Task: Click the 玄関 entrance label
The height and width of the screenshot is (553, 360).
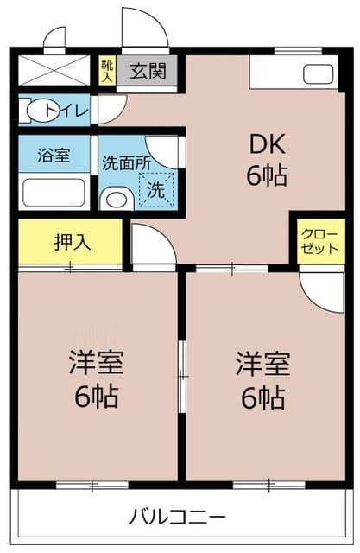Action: click(x=148, y=71)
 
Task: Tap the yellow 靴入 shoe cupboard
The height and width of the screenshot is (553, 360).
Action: click(x=107, y=71)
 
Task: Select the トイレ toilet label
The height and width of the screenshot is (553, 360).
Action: click(x=66, y=111)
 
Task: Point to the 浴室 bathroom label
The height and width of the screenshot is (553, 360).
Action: click(x=54, y=156)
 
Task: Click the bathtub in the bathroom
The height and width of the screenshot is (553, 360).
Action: click(x=54, y=193)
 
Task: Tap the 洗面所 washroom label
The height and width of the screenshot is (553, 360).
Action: click(x=126, y=163)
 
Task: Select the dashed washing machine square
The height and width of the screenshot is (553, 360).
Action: click(x=157, y=190)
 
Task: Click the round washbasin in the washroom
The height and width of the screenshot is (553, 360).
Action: click(x=117, y=200)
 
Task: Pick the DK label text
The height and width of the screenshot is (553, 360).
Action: click(x=267, y=144)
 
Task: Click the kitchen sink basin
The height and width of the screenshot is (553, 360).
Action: click(x=318, y=74)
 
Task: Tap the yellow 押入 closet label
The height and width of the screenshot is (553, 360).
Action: click(x=73, y=242)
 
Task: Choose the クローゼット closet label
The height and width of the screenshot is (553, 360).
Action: click(x=319, y=242)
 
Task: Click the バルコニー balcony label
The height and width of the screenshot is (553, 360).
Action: click(x=177, y=517)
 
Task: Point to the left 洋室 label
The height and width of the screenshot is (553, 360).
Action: click(x=96, y=362)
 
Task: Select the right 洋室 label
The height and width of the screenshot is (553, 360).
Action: click(x=262, y=364)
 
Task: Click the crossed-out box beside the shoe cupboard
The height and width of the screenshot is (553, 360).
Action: click(x=54, y=70)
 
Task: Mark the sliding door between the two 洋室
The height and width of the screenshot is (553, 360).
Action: click(x=182, y=377)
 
